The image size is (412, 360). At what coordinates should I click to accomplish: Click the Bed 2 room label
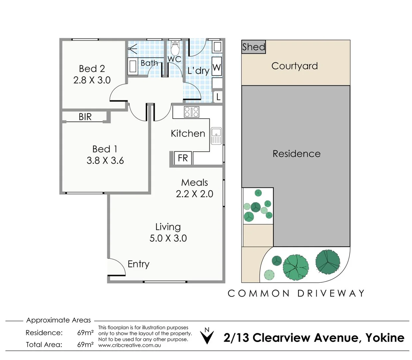92,69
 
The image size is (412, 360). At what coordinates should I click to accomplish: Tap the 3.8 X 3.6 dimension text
105,161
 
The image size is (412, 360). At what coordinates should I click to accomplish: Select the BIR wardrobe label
85,117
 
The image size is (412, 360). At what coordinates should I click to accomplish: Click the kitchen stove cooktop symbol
192,112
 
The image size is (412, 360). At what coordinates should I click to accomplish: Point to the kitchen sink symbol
216,136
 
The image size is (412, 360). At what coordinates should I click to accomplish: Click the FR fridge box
183,158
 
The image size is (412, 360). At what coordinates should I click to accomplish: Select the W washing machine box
216,68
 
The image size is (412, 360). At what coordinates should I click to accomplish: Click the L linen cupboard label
218,97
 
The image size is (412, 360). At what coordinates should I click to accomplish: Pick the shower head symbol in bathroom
133,50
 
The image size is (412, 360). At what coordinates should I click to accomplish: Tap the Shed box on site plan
253,47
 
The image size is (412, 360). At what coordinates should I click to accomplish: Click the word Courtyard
294,66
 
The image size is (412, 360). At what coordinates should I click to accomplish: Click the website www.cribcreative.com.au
130,345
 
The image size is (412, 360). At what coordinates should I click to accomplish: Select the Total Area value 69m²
85,345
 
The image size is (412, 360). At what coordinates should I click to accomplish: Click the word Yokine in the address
385,338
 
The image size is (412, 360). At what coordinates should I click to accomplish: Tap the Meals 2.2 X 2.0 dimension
195,194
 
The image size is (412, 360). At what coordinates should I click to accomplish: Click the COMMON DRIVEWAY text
296,293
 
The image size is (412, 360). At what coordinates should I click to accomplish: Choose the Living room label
168,227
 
